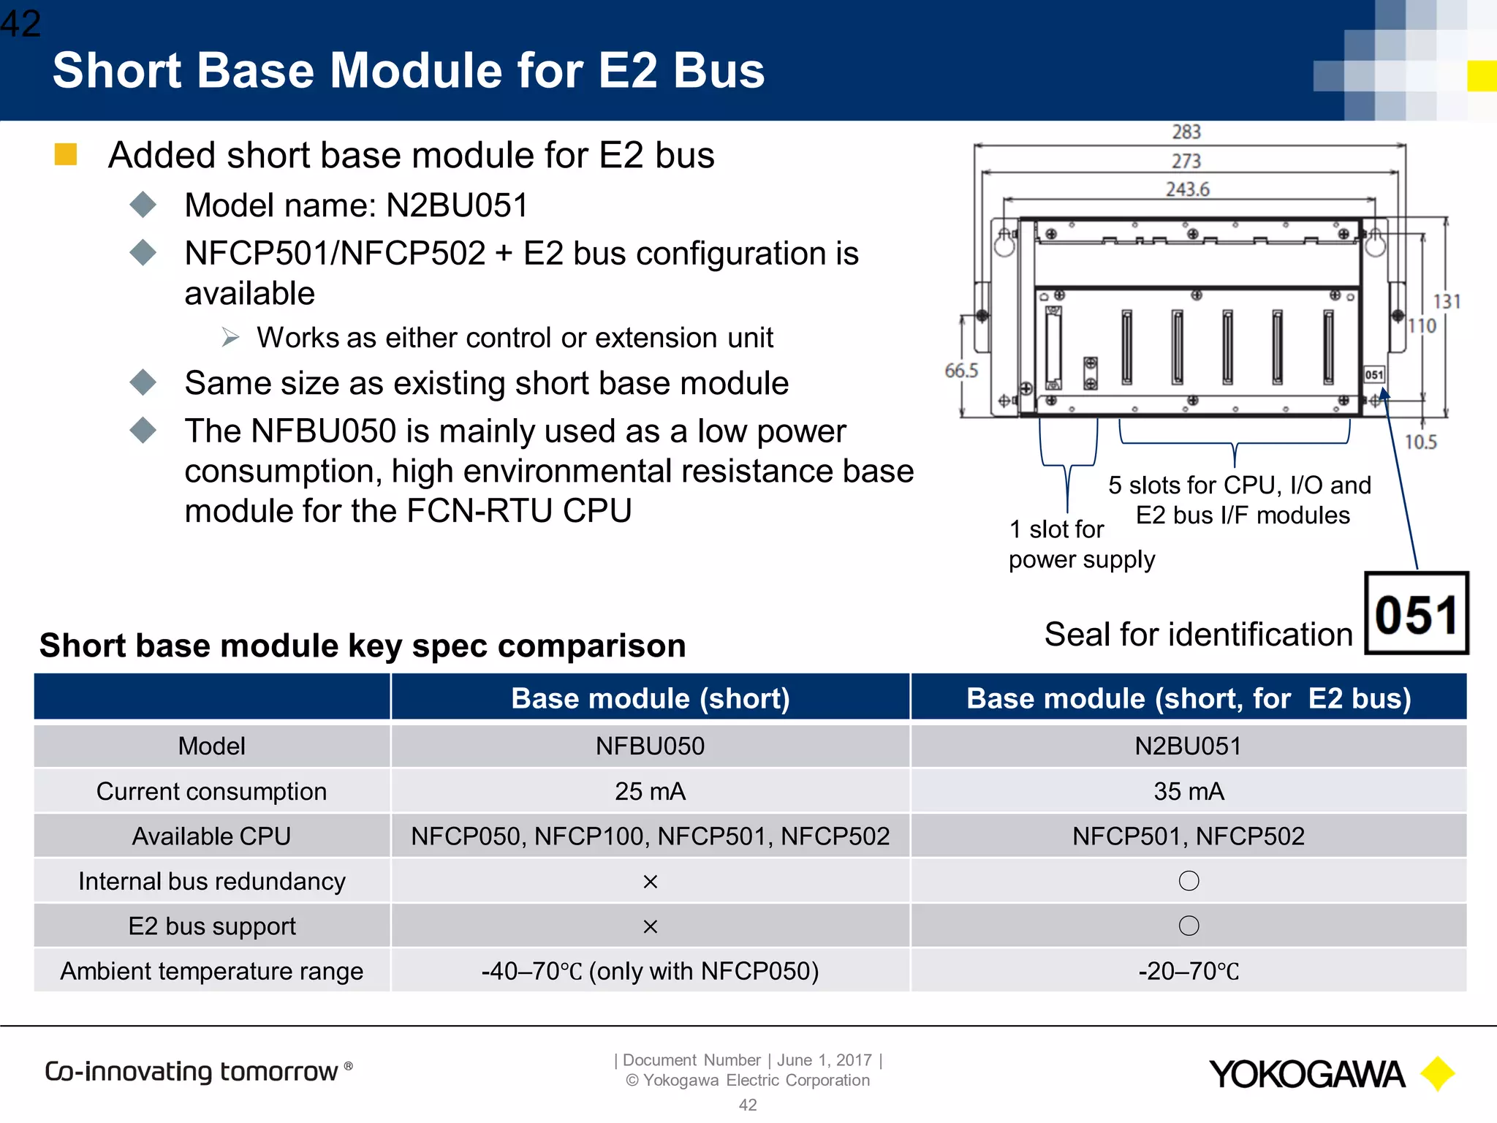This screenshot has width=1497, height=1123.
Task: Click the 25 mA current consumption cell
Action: click(650, 791)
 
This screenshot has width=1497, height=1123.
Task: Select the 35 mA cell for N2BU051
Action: click(1189, 791)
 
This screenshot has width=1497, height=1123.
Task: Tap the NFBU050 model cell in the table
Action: click(650, 746)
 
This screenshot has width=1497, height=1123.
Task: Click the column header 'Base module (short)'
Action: click(650, 698)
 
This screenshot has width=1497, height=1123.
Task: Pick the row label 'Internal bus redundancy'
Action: click(212, 881)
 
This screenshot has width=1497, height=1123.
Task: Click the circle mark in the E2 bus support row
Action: click(1189, 926)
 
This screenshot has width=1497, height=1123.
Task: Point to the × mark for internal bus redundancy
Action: click(650, 882)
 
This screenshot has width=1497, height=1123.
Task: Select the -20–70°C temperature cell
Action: click(1189, 971)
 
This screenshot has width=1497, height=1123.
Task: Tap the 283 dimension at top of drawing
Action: click(1186, 132)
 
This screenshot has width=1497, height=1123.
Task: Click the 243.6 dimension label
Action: click(1188, 189)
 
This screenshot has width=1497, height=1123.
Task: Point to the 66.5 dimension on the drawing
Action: click(961, 371)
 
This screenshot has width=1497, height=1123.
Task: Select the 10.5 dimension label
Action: click(1420, 442)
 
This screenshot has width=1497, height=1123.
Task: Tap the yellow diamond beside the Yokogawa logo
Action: click(1437, 1074)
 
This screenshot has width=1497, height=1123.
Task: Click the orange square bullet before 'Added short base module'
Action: click(66, 154)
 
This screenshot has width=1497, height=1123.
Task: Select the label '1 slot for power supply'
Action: click(1080, 544)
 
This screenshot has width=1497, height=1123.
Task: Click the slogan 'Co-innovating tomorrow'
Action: click(192, 1071)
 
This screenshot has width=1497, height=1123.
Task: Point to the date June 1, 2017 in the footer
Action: click(824, 1060)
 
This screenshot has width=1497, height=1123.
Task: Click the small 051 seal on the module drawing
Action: click(1374, 374)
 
